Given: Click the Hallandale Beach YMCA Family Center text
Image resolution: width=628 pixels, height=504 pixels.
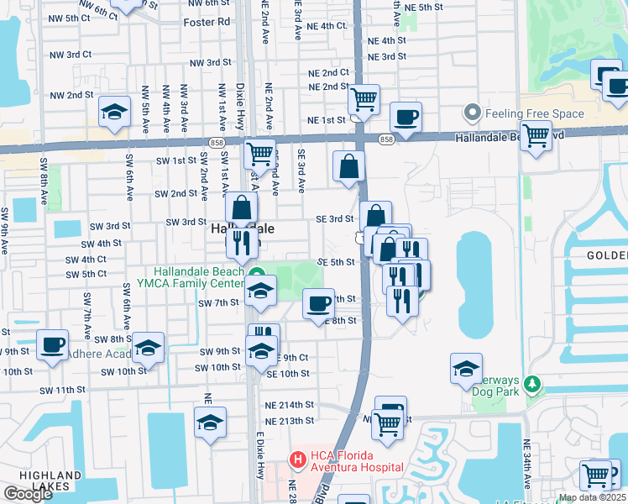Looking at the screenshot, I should [x=199, y=277].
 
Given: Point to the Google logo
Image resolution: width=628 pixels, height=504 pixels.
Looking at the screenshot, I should [x=28, y=494].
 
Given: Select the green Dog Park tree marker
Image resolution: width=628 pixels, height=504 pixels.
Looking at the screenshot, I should [x=530, y=384].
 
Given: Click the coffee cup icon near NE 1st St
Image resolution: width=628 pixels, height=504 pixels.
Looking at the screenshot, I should [x=406, y=118].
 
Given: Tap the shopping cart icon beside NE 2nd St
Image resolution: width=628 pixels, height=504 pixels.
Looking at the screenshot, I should [x=364, y=99].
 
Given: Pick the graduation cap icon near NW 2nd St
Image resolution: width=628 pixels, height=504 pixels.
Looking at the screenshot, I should [x=114, y=112].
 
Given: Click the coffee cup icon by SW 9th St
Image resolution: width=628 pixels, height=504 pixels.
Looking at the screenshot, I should [x=52, y=344].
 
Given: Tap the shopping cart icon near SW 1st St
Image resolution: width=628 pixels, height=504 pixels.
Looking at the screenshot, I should [x=259, y=155].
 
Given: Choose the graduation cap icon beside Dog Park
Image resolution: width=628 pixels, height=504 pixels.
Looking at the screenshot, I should [x=466, y=368].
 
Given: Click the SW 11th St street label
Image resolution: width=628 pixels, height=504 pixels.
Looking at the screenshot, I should [x=61, y=391].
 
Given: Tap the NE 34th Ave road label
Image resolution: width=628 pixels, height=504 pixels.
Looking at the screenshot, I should [x=527, y=463].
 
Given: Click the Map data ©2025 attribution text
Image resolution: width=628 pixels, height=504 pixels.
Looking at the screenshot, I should [x=592, y=497].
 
